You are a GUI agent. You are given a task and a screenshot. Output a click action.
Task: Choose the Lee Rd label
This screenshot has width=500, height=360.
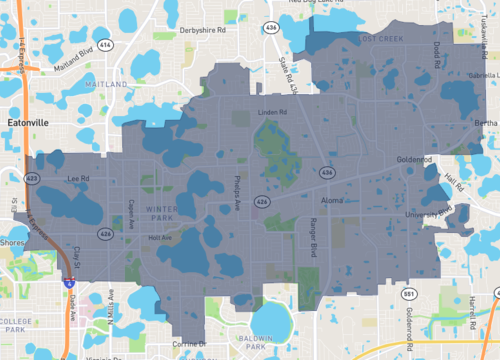(78, 179)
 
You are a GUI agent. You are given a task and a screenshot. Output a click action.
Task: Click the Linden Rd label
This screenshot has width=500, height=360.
(272, 112)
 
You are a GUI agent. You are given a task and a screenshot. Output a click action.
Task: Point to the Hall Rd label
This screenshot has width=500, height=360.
(455, 183)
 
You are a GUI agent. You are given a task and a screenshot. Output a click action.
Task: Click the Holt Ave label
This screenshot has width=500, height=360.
(160, 238)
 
